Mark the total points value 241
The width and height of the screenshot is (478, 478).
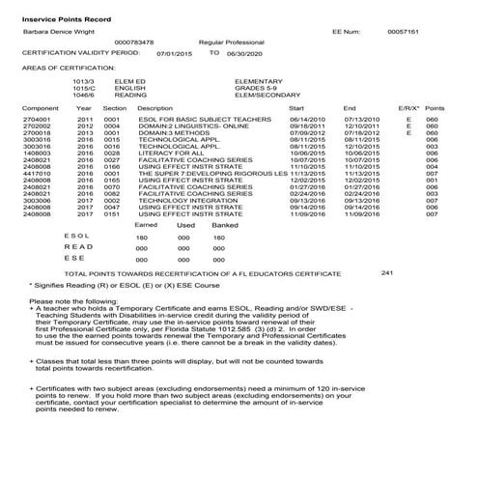pos(387,273)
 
